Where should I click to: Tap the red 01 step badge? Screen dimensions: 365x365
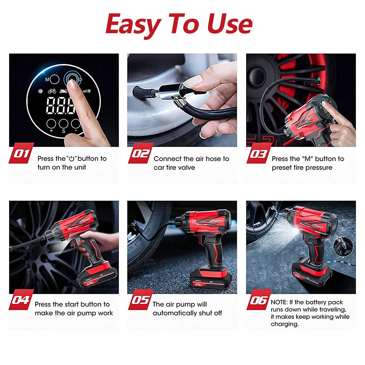tap(22, 153)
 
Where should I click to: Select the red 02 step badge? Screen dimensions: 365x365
tap(141, 153)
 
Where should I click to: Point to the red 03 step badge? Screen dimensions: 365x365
tap(259, 153)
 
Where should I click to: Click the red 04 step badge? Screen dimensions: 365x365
tap(22, 300)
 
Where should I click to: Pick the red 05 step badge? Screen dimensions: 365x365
tap(141, 300)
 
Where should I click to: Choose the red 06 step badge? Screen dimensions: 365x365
tap(259, 300)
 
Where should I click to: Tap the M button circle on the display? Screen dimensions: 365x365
tap(54, 79)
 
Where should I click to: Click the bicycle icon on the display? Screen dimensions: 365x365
tap(52, 91)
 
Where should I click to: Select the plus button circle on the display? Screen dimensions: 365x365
tap(51, 124)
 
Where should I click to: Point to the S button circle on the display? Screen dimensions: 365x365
tap(63, 124)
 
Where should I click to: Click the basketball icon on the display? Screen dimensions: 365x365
tap(41, 91)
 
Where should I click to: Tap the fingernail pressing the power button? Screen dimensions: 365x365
tap(73, 85)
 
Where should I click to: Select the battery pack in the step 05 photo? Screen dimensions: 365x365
tap(211, 280)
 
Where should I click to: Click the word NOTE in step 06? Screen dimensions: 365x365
tap(279, 302)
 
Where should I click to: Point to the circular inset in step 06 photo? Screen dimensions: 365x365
tap(343, 247)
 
